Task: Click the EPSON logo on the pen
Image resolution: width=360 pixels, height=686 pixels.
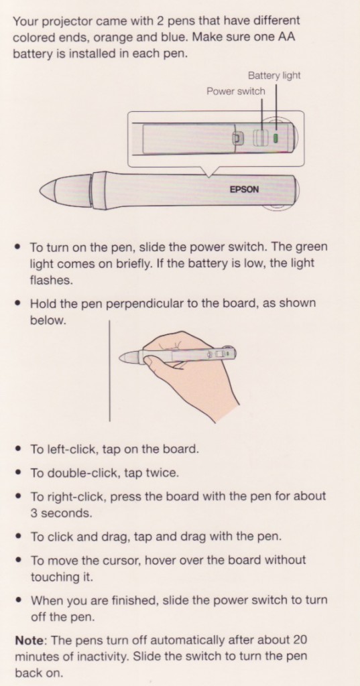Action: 245,190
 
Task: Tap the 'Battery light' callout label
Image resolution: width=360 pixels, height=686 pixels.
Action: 274,76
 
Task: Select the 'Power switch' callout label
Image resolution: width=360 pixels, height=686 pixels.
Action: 235,91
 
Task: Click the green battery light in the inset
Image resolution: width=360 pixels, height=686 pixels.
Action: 276,138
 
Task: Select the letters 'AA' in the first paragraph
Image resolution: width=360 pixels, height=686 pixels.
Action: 286,38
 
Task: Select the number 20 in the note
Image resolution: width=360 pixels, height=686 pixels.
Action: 300,640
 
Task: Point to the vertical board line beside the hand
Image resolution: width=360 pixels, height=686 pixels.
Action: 109,370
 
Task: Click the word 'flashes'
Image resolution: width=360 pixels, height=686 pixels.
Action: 50,280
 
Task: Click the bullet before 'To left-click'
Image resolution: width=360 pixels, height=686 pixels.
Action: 18,450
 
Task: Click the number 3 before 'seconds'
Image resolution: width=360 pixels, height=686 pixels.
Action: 34,513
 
